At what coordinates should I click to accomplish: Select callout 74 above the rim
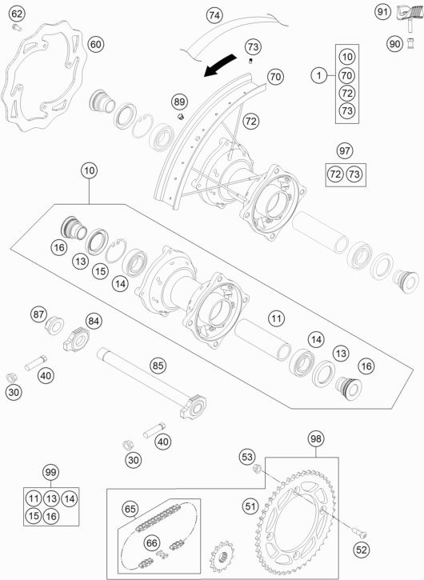(214, 15)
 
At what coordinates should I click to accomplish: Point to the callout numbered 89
(179, 101)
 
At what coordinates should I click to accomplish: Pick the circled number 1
(318, 76)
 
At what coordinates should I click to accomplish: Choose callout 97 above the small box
(344, 151)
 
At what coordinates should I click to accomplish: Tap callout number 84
(94, 322)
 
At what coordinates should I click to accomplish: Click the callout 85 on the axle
(158, 366)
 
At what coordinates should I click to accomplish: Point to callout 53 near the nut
(246, 456)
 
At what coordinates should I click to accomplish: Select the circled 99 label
(50, 473)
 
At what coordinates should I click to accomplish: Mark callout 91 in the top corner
(382, 12)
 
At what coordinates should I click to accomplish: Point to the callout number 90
(394, 44)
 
